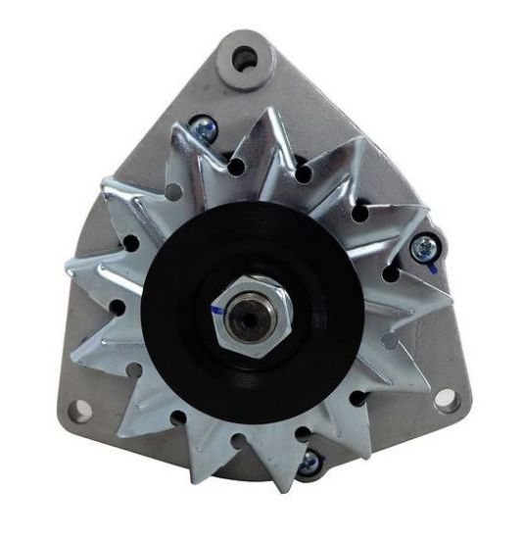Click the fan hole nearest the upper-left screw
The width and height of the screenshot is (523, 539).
[x=235, y=167]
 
